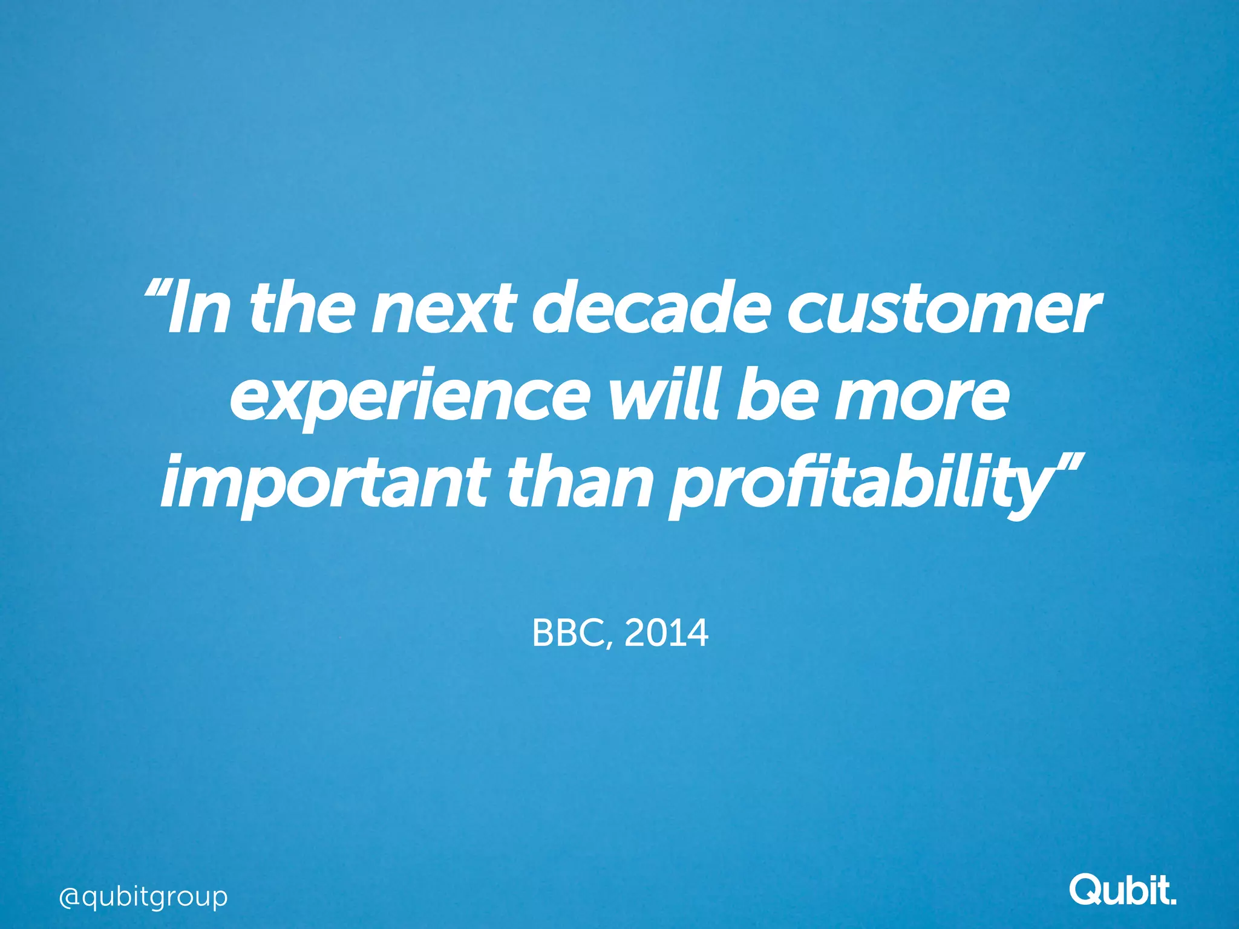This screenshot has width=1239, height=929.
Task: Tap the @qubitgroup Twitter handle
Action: click(143, 898)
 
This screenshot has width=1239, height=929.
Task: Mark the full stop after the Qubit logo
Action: click(1173, 901)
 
